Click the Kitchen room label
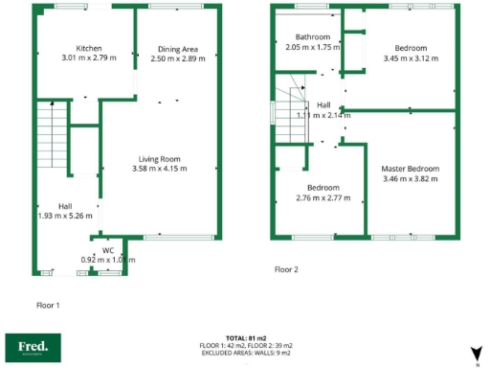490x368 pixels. point(90,49)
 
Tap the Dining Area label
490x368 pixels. point(179,49)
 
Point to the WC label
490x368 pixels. point(108,250)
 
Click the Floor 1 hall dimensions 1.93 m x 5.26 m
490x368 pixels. point(65,216)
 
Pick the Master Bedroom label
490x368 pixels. point(411,168)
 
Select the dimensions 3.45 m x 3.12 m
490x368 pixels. point(411,57)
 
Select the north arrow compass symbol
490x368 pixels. point(476,355)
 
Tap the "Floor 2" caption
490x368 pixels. point(286,269)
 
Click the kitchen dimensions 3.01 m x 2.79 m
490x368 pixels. point(90,58)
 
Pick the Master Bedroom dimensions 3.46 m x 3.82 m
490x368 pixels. point(411,178)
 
